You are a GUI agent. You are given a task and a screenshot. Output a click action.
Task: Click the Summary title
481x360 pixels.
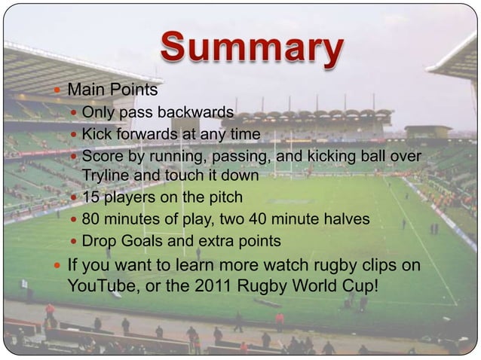[251, 49]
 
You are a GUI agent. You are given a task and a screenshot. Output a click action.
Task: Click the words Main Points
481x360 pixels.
[113, 90]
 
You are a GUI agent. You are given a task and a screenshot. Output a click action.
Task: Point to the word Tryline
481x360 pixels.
[106, 175]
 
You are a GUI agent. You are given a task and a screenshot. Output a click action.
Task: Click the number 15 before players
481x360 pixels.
[90, 198]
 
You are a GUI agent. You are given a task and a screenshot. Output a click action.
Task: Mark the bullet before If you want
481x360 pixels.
[59, 267]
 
